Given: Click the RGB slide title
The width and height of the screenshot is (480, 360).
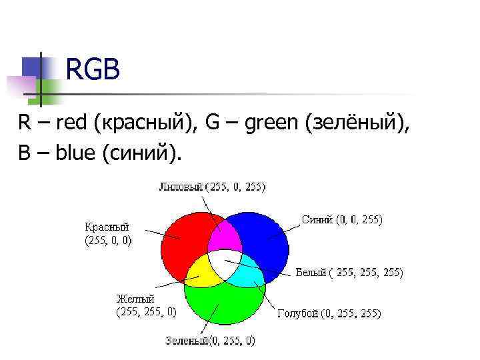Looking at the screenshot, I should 93,69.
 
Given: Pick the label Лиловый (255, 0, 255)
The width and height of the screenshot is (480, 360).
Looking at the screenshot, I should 211,187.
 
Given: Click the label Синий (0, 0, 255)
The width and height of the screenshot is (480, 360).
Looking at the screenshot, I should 342,219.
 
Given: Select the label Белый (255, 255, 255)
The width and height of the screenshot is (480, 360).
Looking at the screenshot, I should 349,272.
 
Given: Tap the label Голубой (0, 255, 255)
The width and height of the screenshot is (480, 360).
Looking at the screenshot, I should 329,313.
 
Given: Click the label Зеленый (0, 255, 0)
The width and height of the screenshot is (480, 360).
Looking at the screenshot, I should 210,341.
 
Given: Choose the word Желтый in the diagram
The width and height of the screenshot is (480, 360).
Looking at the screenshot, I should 135,298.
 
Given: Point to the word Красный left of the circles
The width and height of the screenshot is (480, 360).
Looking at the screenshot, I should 107,227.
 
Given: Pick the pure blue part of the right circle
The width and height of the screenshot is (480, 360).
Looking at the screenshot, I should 267,237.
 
